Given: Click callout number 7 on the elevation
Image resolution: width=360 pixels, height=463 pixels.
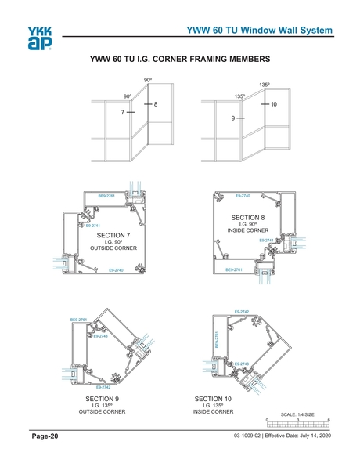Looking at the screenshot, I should [x=123, y=113].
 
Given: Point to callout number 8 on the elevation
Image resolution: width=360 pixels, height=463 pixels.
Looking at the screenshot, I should [x=156, y=104].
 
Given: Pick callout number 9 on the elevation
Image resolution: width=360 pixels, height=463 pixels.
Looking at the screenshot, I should [x=233, y=118].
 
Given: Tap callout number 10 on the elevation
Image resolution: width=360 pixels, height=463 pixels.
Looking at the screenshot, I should [x=274, y=104].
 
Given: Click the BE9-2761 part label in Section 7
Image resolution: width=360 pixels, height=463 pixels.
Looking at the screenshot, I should [x=106, y=195].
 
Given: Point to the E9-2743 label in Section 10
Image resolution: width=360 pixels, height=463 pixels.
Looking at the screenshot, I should [x=242, y=364].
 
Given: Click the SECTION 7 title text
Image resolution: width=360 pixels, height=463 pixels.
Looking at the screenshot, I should [x=113, y=235].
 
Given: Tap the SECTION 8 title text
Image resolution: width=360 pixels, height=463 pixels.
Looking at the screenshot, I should [x=252, y=217].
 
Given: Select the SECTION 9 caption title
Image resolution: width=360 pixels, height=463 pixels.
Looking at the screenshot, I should [x=106, y=399].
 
